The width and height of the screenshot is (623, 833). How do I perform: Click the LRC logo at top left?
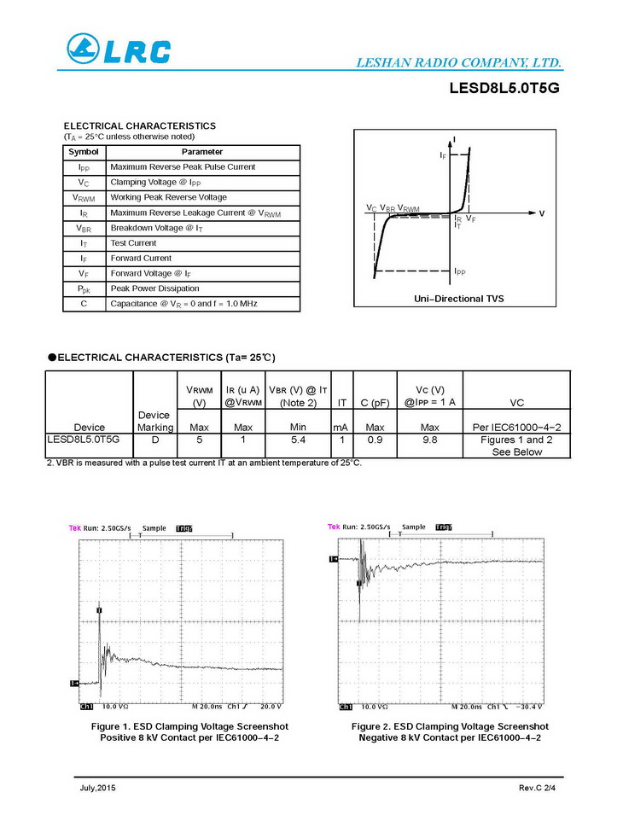[119, 50]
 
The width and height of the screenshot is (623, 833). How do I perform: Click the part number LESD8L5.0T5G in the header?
[504, 88]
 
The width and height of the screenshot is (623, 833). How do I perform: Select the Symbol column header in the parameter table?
[84, 152]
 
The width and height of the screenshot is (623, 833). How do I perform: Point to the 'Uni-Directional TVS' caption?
[458, 299]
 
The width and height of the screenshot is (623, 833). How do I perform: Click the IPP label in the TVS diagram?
[460, 271]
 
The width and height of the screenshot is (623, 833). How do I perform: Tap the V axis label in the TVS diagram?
[542, 213]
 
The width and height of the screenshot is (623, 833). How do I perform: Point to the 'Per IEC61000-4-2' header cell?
[516, 427]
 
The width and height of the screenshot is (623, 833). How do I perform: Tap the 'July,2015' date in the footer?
[92, 787]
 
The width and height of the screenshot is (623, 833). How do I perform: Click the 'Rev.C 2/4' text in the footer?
[537, 787]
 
